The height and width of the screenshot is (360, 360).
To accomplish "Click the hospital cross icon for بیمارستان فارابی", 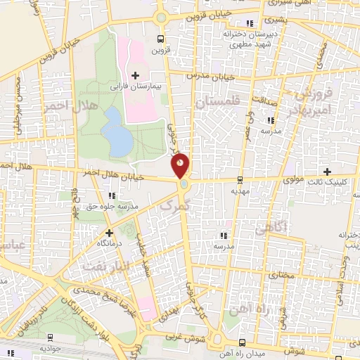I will (x=136, y=75).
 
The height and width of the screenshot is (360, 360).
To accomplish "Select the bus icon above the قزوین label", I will (x=161, y=39).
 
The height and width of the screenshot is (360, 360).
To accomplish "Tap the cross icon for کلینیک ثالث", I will (x=326, y=172).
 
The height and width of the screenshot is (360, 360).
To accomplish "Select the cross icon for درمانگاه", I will (x=108, y=232).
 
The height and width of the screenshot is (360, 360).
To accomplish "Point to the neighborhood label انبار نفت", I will (x=105, y=265).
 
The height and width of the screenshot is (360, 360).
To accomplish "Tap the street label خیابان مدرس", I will (x=210, y=76).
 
